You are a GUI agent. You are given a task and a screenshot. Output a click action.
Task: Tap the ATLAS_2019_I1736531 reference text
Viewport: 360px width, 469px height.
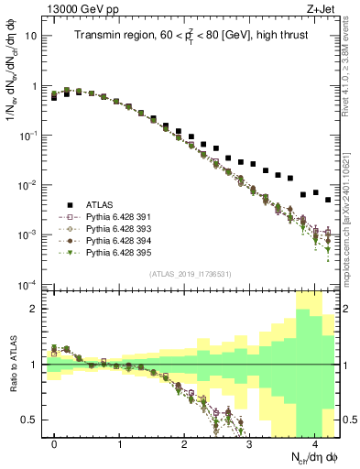coord(192,275)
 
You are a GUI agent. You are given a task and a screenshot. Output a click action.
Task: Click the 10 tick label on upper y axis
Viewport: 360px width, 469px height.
coord(30,37)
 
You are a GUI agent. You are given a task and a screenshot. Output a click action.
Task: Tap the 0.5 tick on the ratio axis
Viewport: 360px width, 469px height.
coord(29,420)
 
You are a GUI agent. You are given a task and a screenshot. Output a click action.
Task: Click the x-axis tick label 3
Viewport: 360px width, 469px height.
coord(249,442)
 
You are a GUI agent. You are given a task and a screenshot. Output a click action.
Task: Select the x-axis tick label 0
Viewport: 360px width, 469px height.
coord(55,442)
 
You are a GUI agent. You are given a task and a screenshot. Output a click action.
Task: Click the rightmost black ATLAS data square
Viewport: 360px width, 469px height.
coord(327,199)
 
